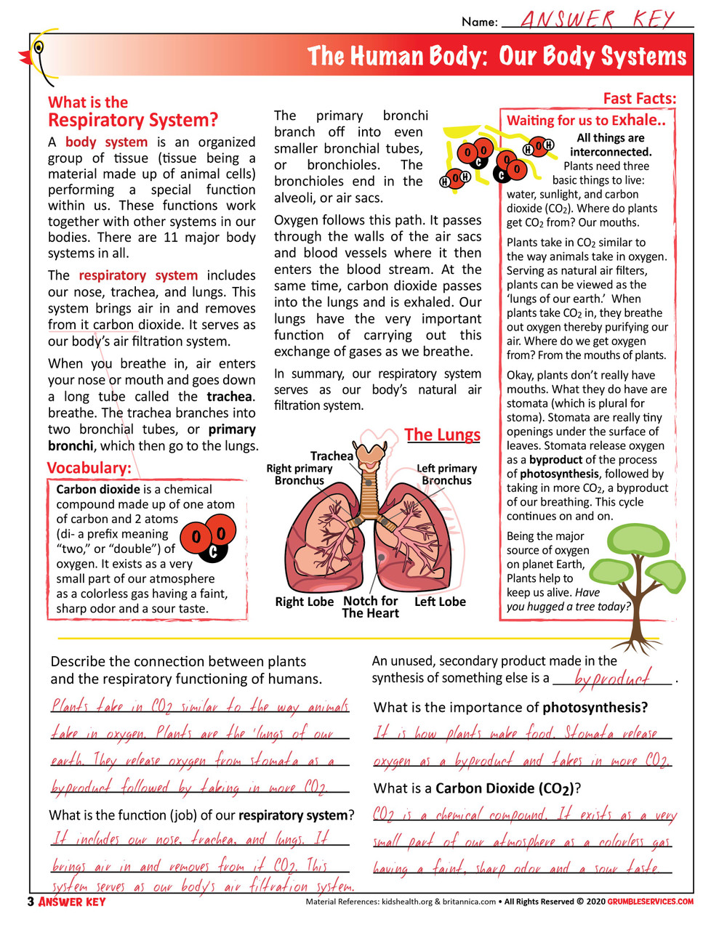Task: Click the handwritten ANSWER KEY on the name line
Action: click(x=598, y=19)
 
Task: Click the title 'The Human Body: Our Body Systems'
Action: click(x=497, y=57)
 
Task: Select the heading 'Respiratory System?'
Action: click(x=133, y=121)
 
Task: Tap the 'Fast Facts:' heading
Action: click(x=639, y=99)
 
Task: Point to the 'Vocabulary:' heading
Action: click(x=89, y=468)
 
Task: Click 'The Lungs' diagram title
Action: click(x=442, y=435)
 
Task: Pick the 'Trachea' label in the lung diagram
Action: click(x=332, y=456)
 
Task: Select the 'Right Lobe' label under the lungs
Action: click(x=304, y=602)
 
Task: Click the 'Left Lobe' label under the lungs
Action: click(x=440, y=602)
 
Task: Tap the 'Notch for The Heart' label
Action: click(x=370, y=607)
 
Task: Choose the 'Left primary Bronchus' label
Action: click(x=446, y=474)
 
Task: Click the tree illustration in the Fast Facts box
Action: click(x=639, y=574)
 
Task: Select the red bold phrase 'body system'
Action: click(x=106, y=142)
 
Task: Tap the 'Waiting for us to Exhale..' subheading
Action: click(x=586, y=121)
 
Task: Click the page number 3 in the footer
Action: click(x=31, y=902)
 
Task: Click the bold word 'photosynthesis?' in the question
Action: click(x=595, y=708)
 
